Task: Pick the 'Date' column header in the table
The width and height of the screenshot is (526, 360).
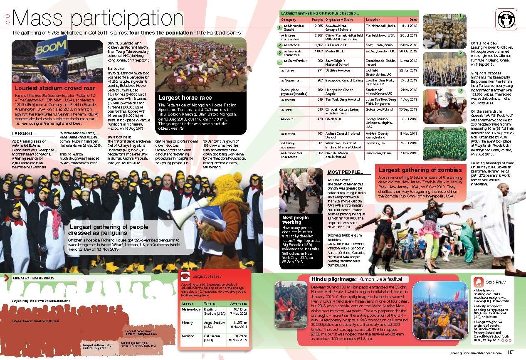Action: [412, 20]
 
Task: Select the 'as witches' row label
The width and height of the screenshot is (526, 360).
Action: [289, 45]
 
